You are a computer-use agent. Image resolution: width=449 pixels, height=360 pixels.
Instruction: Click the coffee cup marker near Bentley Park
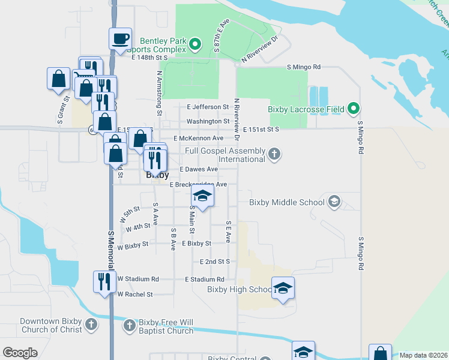tap(120, 39)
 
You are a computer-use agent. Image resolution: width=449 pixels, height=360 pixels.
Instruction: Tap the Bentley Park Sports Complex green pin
tap(194, 44)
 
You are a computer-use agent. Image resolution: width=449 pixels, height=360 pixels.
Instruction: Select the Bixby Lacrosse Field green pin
tap(354, 109)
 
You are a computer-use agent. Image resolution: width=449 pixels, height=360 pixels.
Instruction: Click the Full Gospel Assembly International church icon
tap(274, 154)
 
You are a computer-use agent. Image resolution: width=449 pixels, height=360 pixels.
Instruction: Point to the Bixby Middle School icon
tap(334, 202)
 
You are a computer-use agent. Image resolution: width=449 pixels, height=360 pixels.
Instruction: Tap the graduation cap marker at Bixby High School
tap(283, 288)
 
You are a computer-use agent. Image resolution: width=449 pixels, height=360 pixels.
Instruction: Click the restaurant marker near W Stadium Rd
tap(104, 281)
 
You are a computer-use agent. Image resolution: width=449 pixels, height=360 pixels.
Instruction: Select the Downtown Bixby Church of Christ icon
tap(91, 325)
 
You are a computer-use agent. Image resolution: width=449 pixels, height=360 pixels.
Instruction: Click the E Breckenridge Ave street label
tap(198, 184)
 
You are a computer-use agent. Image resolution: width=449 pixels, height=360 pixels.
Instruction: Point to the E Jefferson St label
tap(208, 107)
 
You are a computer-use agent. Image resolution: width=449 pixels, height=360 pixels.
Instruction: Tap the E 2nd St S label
tap(215, 262)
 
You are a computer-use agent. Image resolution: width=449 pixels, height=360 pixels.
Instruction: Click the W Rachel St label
tap(135, 295)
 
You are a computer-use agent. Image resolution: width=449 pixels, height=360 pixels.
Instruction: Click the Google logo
tap(20, 352)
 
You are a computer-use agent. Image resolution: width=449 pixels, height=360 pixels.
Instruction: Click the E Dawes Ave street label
tap(199, 170)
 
